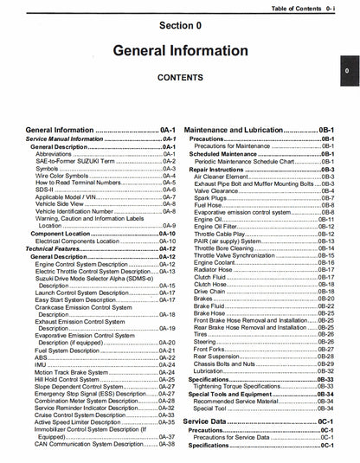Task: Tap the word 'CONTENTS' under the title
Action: click(179, 78)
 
